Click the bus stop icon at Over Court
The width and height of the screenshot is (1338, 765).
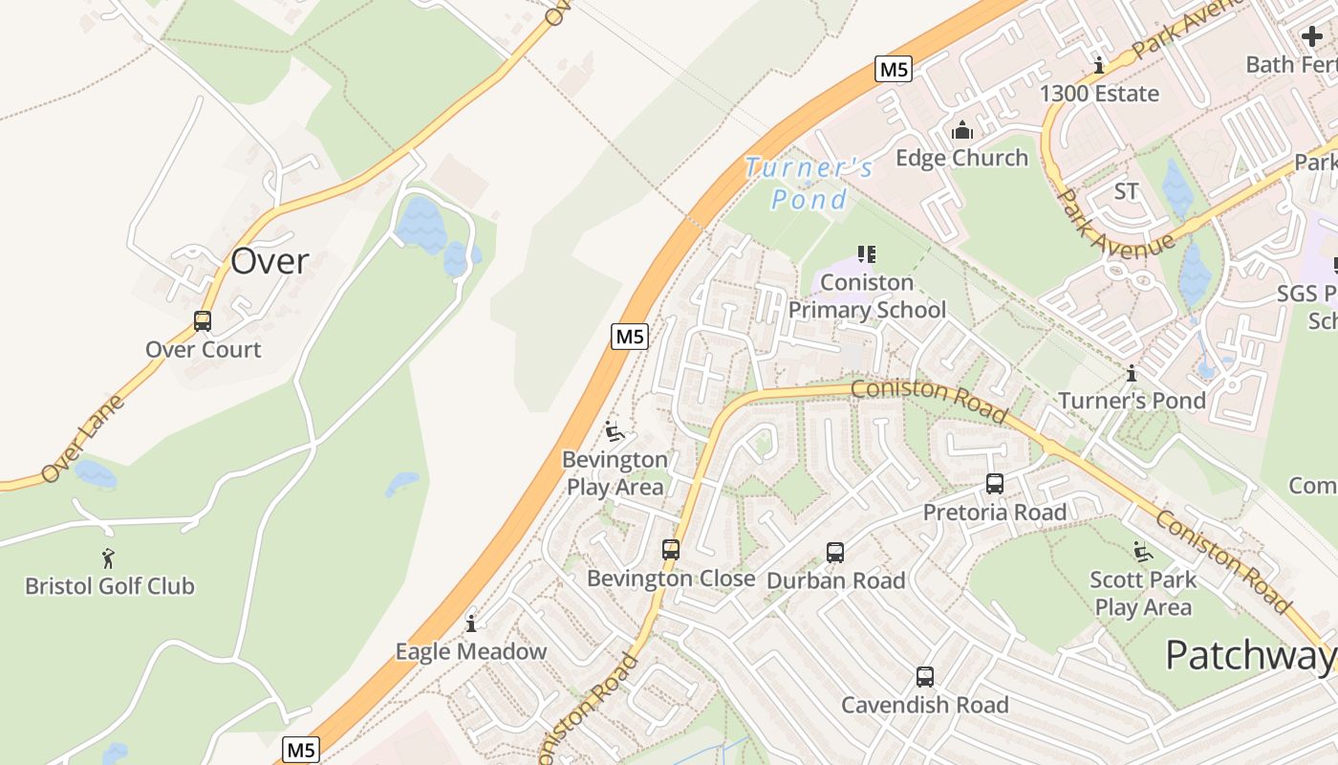(203, 321)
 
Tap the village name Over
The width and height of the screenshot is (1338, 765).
(270, 261)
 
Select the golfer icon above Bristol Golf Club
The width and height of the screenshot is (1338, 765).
(108, 557)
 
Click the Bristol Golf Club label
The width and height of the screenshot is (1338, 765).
(110, 586)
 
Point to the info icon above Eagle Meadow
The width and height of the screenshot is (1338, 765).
(471, 624)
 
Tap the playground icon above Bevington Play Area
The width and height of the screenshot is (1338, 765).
(615, 431)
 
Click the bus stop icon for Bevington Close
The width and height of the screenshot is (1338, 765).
(671, 550)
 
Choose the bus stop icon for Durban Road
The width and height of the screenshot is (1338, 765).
(835, 553)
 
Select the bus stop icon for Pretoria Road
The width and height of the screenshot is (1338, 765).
(995, 484)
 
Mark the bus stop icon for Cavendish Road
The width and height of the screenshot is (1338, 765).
(925, 677)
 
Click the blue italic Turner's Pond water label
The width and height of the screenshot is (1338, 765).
(809, 184)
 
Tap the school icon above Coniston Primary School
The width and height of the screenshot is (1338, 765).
(867, 254)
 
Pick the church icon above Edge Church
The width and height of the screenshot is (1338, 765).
(962, 130)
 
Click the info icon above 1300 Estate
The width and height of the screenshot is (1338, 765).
(1100, 66)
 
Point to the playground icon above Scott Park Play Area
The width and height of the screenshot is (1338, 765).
(1142, 552)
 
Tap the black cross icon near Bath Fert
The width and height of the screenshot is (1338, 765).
(1312, 37)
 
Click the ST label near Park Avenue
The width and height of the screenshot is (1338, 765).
(1127, 192)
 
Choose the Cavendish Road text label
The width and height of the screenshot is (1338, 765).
(925, 706)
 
